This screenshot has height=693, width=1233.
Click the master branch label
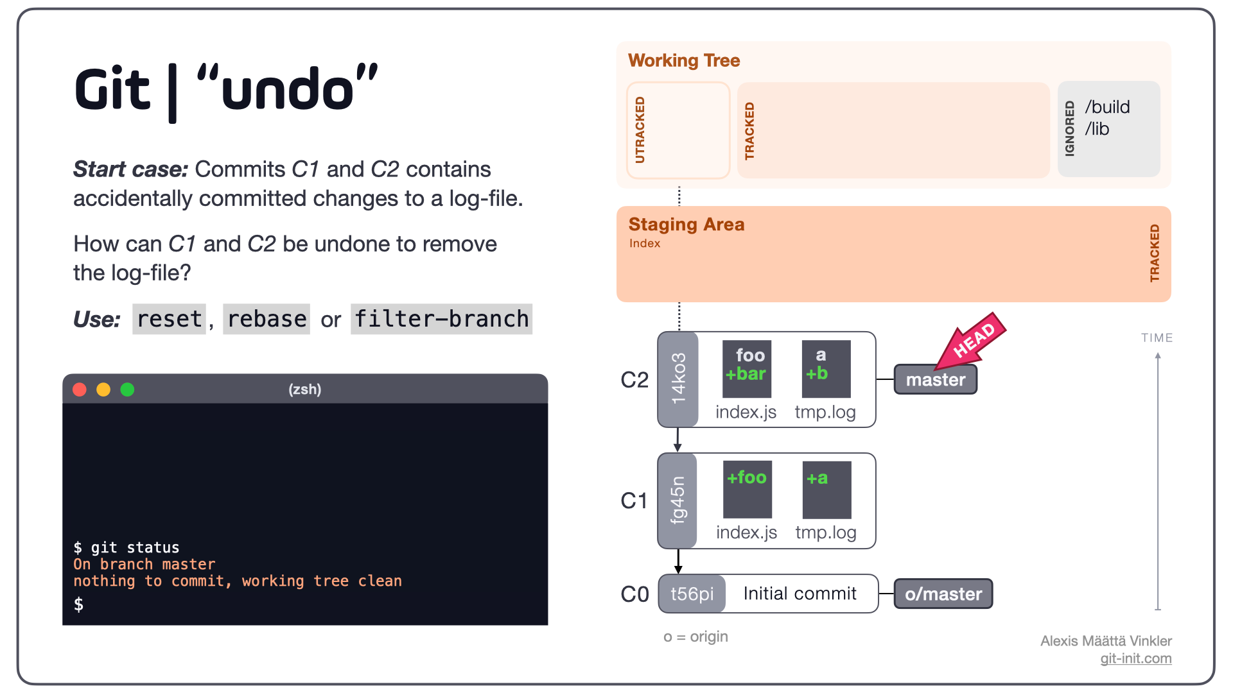pyautogui.click(x=935, y=379)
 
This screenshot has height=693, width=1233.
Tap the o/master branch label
pyautogui.click(x=943, y=594)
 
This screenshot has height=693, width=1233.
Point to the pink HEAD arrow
pyautogui.click(x=970, y=341)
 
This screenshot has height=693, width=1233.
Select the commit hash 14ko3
pyautogui.click(x=678, y=379)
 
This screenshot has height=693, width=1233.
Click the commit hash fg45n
pyautogui.click(x=678, y=501)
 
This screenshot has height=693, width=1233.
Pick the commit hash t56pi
pyautogui.click(x=692, y=594)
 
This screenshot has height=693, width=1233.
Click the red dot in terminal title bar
pyautogui.click(x=80, y=389)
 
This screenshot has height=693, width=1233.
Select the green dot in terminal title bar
pyautogui.click(x=127, y=389)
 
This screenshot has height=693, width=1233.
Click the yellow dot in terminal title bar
pyautogui.click(x=103, y=389)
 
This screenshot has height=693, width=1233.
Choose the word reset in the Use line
pyautogui.click(x=170, y=319)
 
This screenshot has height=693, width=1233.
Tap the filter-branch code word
pyautogui.click(x=441, y=319)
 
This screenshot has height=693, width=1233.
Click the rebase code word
pyautogui.click(x=267, y=319)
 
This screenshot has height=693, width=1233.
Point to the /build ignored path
pyautogui.click(x=1107, y=107)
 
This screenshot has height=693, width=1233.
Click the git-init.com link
pyautogui.click(x=1135, y=658)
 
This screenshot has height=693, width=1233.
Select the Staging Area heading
pyautogui.click(x=686, y=225)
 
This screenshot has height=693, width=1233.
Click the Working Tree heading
pyautogui.click(x=684, y=60)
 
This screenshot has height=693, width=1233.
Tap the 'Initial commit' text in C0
pyautogui.click(x=800, y=594)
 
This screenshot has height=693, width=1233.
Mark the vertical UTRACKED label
pyautogui.click(x=640, y=130)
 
